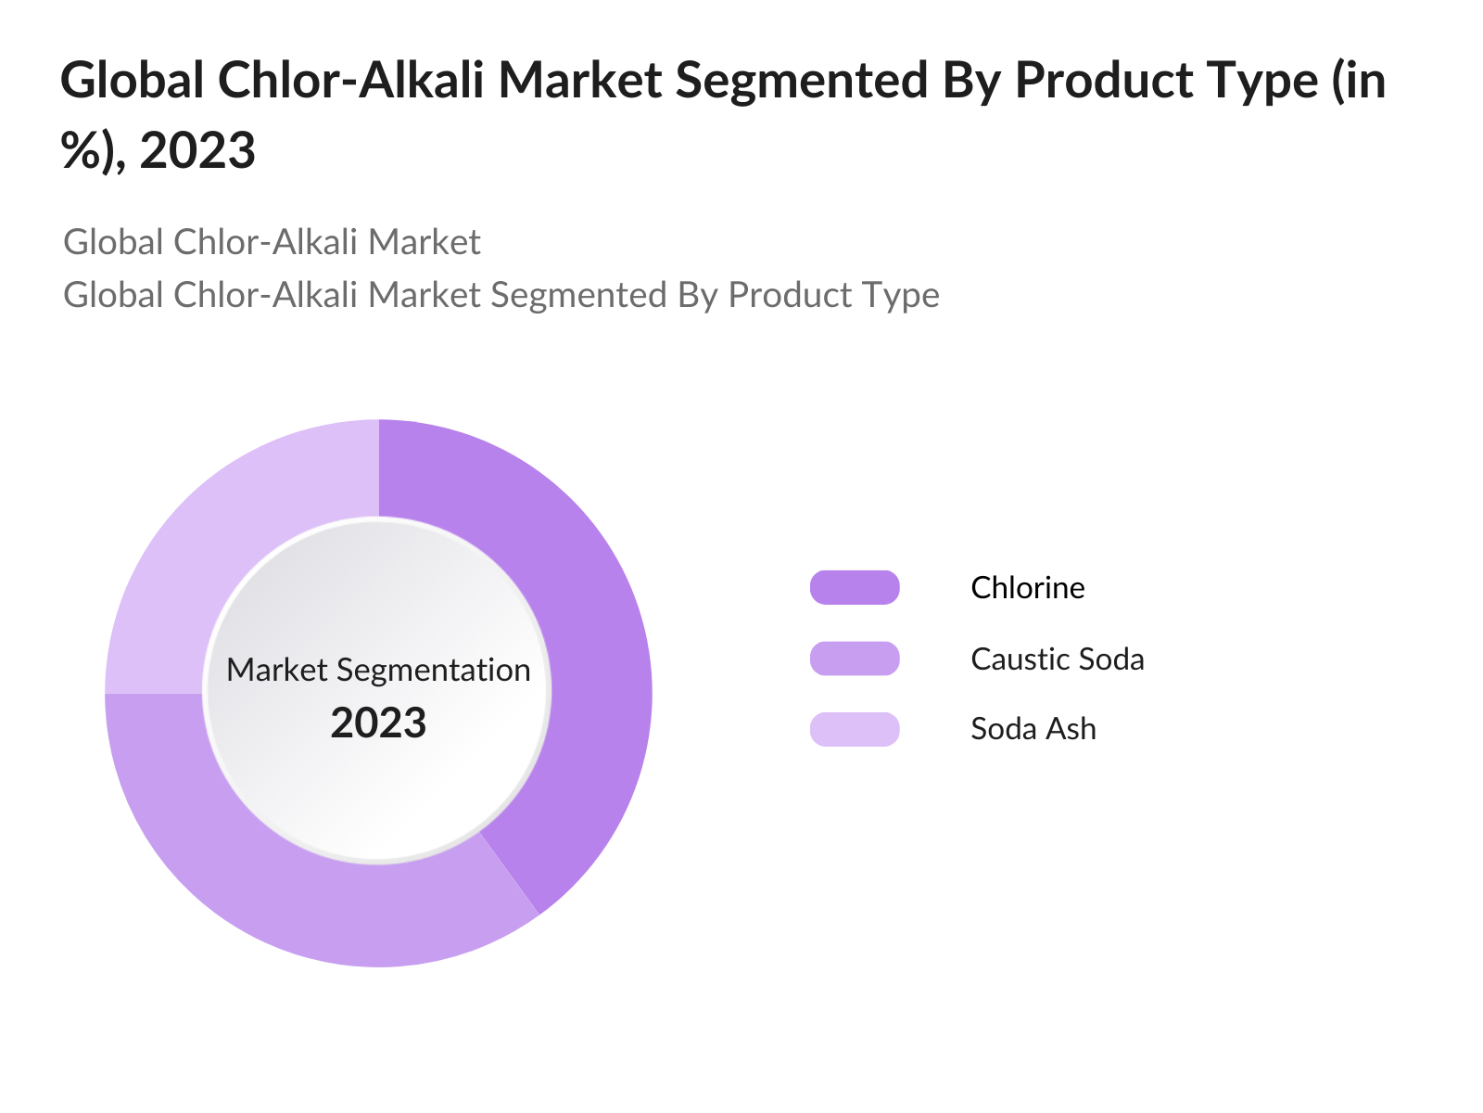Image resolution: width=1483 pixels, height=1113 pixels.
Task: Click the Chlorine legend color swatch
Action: point(855,588)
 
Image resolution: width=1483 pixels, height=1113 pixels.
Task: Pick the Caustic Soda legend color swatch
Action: point(855,659)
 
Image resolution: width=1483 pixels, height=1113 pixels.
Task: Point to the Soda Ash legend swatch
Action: point(855,729)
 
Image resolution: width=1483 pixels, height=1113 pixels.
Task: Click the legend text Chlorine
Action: point(1027,588)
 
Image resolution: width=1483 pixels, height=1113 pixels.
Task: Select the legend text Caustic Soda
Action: point(1057,659)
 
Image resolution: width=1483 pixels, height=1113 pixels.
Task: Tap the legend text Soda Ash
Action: point(1033,729)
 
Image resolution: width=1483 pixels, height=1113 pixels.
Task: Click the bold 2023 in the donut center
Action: point(378,723)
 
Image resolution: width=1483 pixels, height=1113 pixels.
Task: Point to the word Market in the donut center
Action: point(276,670)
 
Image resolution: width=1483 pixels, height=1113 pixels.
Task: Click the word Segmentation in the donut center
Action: point(433,670)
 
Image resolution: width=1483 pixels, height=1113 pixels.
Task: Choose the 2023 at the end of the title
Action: point(197,150)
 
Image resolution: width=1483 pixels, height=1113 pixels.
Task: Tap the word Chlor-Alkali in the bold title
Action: point(349,81)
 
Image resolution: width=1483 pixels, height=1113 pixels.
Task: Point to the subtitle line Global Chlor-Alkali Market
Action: point(272,242)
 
